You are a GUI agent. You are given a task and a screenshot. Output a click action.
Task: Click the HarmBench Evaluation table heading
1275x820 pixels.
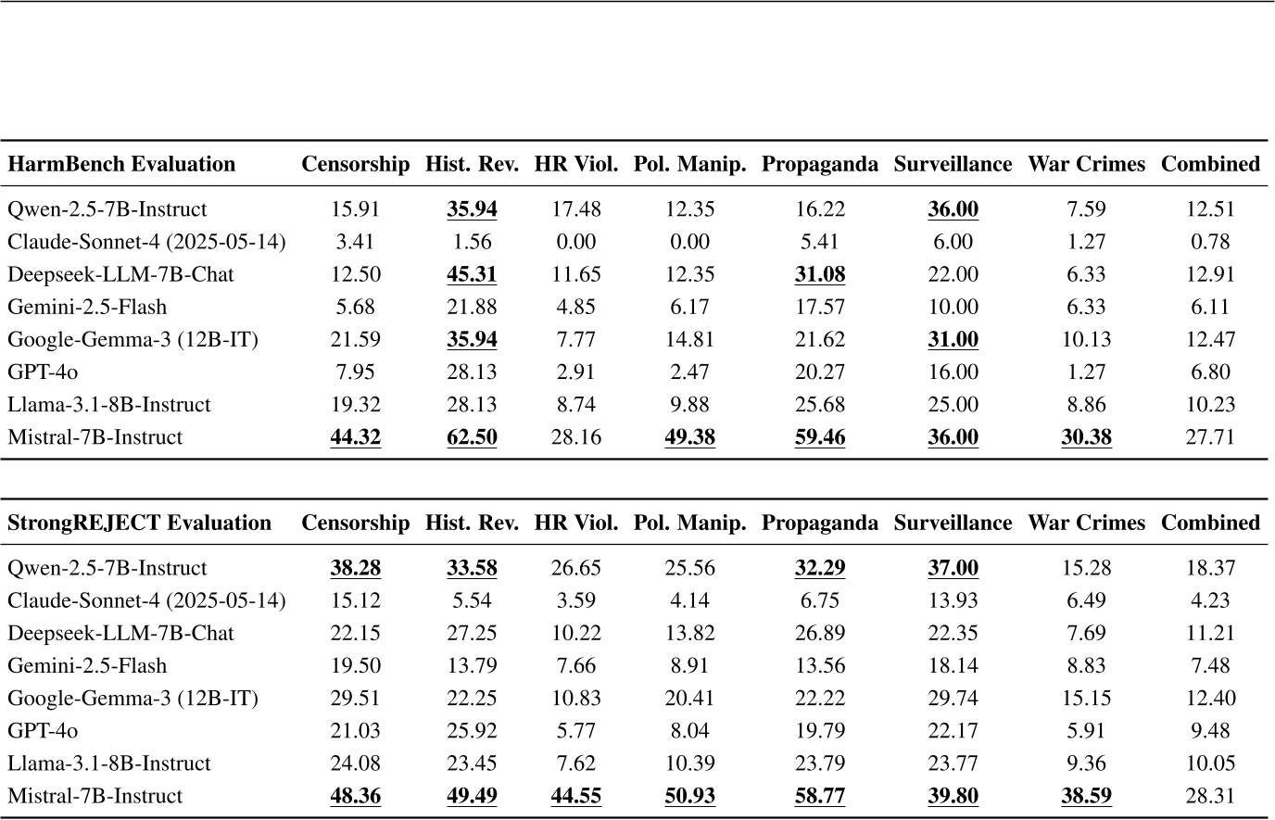pos(121,164)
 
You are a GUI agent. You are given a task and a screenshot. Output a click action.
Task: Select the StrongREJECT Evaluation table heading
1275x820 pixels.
pos(139,523)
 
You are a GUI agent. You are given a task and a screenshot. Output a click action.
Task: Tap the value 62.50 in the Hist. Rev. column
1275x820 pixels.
pos(472,437)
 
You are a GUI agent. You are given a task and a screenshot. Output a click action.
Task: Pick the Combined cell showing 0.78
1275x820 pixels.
pos(1209,242)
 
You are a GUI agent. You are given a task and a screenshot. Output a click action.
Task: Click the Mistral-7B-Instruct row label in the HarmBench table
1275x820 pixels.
pos(95,437)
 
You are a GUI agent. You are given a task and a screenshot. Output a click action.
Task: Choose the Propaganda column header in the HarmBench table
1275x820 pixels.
pos(819,164)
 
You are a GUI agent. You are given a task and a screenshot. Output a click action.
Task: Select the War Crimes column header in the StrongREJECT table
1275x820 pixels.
pos(1086,523)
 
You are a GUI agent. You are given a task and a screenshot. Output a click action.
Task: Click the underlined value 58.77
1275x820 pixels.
pos(819,796)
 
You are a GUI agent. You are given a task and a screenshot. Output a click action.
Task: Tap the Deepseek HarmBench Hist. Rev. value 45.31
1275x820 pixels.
pos(472,274)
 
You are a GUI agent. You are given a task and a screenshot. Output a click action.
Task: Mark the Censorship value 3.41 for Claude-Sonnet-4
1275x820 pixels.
pos(355,242)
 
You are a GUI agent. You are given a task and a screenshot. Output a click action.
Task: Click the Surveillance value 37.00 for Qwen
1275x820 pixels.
pos(953,568)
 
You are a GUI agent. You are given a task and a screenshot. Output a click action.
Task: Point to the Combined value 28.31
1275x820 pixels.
pos(1209,796)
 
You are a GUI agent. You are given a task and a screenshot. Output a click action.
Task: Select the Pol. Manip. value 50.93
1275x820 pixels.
pos(689,796)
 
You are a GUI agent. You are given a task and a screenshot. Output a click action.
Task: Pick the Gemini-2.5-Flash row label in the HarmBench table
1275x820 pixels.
pos(87,307)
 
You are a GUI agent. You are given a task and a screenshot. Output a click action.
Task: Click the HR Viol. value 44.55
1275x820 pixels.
pos(575,796)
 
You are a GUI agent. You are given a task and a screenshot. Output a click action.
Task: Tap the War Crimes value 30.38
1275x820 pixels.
pos(1086,437)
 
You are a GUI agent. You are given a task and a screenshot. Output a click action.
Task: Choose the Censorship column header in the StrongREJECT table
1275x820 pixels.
pos(355,523)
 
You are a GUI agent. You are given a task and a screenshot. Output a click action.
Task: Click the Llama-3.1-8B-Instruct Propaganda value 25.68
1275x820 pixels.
pos(819,405)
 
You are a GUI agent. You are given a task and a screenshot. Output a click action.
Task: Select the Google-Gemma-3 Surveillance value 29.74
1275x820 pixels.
pos(953,699)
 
